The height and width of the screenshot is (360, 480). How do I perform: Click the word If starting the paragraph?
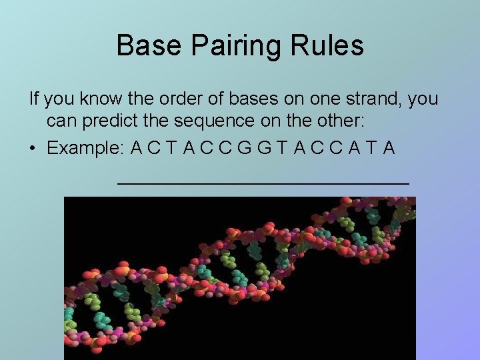34,99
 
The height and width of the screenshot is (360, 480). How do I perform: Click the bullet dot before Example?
33,148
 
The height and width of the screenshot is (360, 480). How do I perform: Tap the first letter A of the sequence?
136,148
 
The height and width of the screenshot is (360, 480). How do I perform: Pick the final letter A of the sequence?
389,148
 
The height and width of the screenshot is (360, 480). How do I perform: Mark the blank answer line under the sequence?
263,181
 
